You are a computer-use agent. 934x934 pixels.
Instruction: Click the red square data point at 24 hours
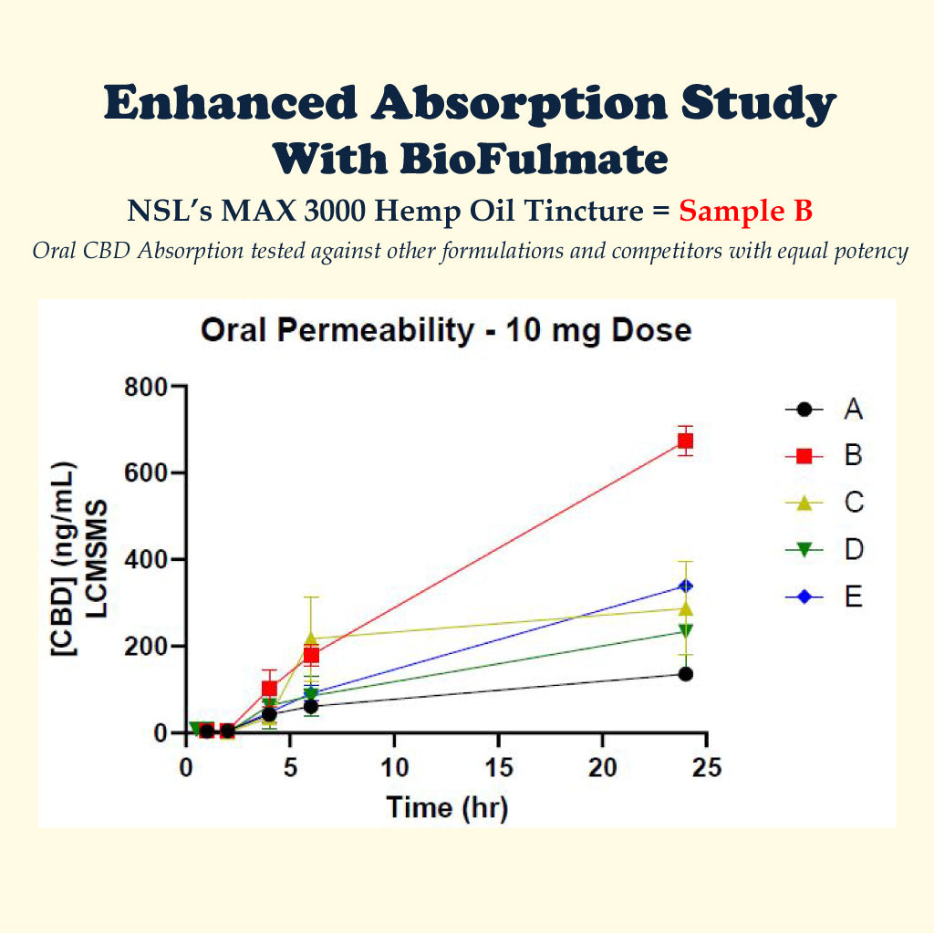point(685,441)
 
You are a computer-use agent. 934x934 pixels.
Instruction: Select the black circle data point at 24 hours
point(685,674)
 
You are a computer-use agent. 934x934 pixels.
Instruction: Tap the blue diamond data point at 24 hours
point(685,586)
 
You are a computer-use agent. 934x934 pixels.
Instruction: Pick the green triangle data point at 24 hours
point(685,631)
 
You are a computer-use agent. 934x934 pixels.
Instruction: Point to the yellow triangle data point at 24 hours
point(685,608)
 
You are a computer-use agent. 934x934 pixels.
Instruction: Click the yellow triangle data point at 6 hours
point(311,638)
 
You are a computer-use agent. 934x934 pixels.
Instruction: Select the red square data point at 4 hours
point(269,689)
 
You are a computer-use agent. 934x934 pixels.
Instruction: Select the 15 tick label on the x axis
point(498,768)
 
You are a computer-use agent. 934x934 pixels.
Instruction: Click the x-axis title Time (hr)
point(446,807)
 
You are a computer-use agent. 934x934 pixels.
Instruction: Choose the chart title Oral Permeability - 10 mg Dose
point(446,330)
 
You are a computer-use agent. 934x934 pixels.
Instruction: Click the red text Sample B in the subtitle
point(745,212)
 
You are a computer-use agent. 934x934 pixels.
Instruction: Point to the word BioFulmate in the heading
point(534,159)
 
